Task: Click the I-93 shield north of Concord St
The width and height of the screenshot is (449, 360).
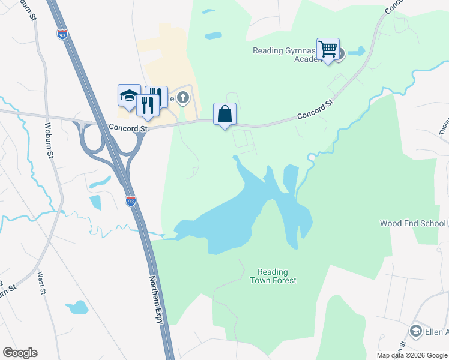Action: click(x=62, y=35)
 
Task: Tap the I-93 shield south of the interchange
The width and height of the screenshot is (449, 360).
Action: click(x=130, y=201)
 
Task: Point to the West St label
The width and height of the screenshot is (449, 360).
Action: click(x=41, y=284)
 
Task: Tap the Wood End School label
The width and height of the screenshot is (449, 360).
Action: click(x=413, y=223)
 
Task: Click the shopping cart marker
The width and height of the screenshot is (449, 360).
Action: click(x=328, y=49)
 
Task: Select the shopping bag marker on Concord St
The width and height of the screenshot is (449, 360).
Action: click(x=224, y=115)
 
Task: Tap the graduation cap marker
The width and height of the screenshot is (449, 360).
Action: click(x=129, y=95)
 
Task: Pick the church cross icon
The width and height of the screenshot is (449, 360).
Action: click(x=185, y=98)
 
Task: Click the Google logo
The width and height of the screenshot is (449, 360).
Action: click(x=20, y=353)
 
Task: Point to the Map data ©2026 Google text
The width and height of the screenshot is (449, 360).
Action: click(x=411, y=355)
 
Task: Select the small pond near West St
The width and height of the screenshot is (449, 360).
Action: click(x=77, y=308)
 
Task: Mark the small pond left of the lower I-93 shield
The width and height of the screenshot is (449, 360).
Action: click(x=95, y=203)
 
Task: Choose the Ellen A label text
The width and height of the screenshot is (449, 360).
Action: click(x=438, y=332)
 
